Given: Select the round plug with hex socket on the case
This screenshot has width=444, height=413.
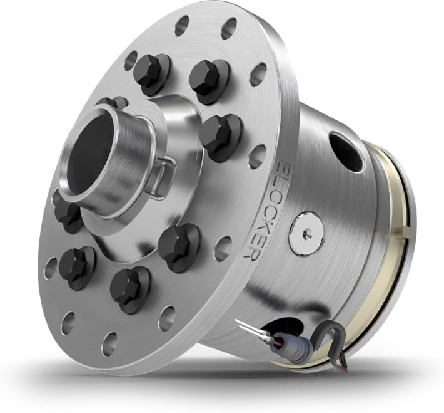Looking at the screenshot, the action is (306, 233).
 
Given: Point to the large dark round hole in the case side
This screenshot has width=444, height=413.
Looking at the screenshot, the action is (345, 152).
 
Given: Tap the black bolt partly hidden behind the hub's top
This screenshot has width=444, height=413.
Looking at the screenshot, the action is (113, 103).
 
